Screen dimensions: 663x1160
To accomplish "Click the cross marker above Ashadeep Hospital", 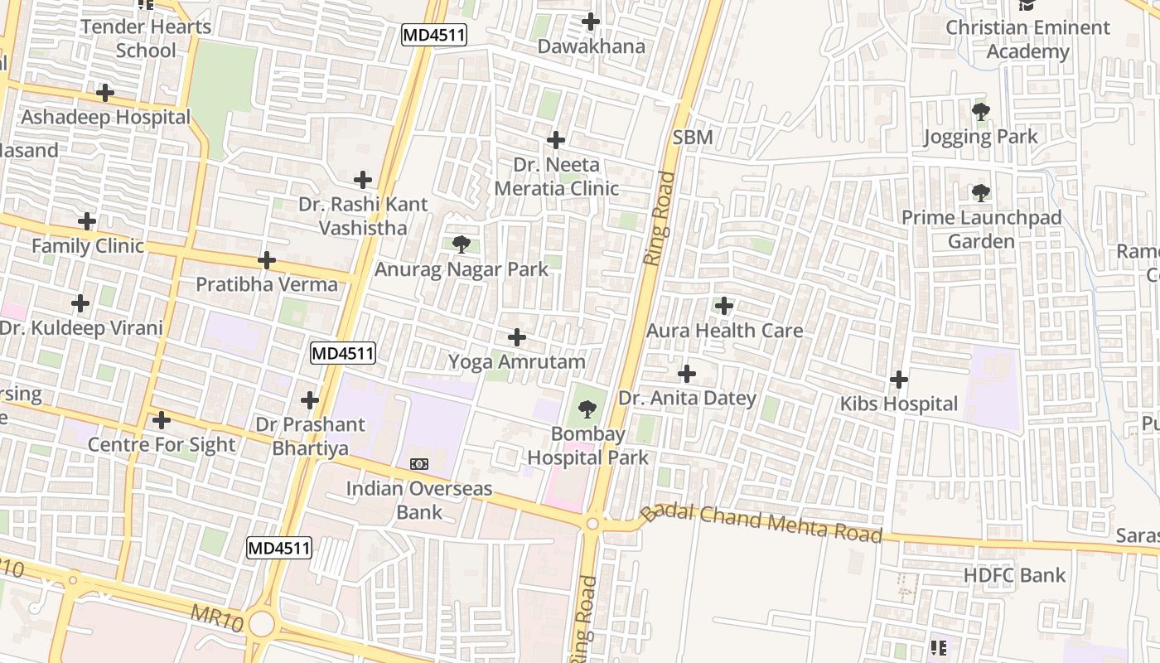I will (x=104, y=92).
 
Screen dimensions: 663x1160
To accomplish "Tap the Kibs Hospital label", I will (x=898, y=404).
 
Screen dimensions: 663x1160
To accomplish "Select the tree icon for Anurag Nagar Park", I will (x=462, y=244).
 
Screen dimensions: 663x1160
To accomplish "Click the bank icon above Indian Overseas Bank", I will (x=419, y=464).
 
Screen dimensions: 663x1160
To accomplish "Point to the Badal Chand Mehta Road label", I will (x=762, y=522).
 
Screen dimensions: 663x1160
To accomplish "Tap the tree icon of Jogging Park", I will (x=980, y=111).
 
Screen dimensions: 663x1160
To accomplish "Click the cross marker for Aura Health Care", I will (x=724, y=306).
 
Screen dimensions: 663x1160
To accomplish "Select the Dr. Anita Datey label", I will (x=687, y=398).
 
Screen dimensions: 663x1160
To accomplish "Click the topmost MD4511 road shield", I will (x=434, y=35).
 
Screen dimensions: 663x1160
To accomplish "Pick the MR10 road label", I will (x=216, y=617).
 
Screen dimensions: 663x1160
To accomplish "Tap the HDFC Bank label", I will (x=1014, y=574).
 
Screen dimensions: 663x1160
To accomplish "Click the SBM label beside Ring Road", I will (x=693, y=138).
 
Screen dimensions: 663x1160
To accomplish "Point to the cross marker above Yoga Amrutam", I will (x=516, y=337).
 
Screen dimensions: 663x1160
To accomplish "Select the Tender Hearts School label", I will (x=146, y=38).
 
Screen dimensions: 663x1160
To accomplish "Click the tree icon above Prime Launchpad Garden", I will (x=980, y=193).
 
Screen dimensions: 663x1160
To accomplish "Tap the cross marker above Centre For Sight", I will (x=162, y=420).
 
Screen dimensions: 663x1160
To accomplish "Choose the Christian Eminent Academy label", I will (x=1027, y=39).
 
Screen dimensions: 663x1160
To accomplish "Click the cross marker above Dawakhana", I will (x=591, y=22).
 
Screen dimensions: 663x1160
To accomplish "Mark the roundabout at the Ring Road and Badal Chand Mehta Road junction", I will (x=592, y=524).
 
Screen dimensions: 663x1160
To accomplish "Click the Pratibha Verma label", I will (x=267, y=284).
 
